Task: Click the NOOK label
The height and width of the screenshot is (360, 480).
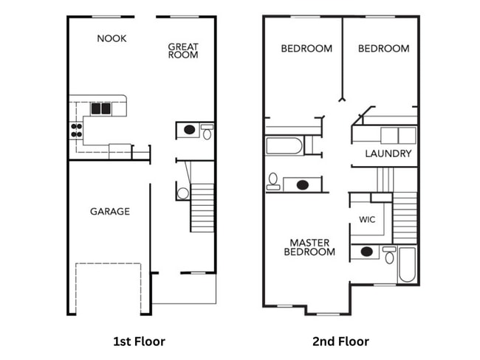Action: (x=112, y=38)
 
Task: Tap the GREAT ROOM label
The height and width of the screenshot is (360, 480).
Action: (x=183, y=51)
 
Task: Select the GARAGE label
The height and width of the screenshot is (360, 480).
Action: (x=110, y=212)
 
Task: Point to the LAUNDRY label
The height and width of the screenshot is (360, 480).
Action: (x=388, y=154)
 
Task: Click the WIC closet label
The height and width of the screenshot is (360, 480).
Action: (x=367, y=220)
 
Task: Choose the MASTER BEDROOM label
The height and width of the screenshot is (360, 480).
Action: (x=309, y=247)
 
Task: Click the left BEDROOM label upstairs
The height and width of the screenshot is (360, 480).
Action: (x=306, y=49)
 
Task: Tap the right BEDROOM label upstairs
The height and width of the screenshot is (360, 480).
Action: (x=383, y=49)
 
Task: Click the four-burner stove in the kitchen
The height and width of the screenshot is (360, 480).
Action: (x=75, y=131)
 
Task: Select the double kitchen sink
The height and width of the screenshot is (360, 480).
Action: (x=100, y=108)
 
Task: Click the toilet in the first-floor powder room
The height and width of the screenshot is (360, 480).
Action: (x=207, y=133)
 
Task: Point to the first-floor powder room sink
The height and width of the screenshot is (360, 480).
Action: (x=190, y=131)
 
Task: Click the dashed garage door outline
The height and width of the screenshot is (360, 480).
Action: (x=108, y=288)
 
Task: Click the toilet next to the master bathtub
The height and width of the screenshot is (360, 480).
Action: (x=389, y=255)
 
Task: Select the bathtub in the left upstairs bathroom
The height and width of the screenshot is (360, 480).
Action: (x=284, y=145)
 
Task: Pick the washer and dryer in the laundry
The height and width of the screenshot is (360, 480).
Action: (x=397, y=135)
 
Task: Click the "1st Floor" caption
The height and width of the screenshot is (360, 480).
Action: (x=139, y=341)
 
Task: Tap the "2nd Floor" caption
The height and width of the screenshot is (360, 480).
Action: (x=341, y=341)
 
